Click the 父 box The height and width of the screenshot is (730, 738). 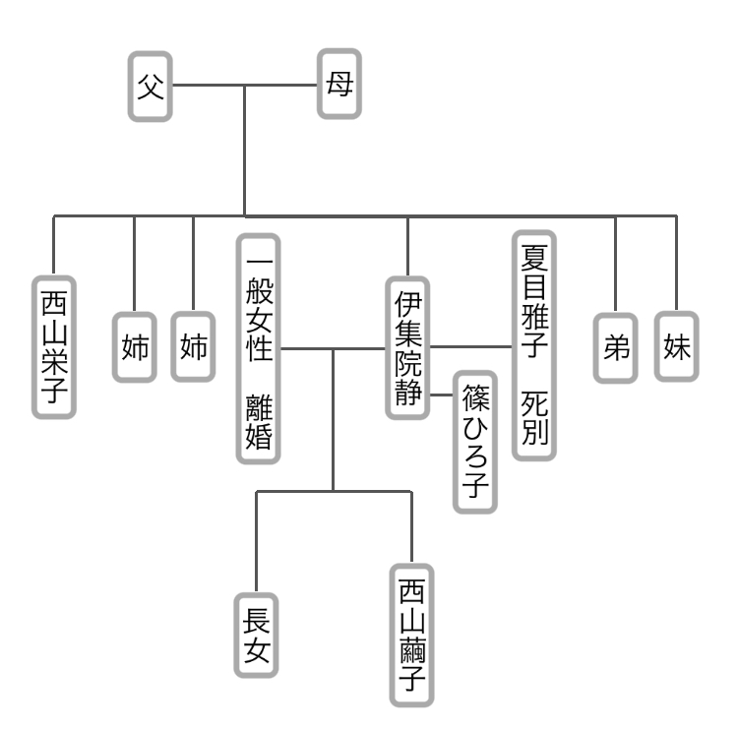tap(150, 87)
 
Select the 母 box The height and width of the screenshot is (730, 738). tap(338, 87)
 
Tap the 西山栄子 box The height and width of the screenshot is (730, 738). tap(53, 346)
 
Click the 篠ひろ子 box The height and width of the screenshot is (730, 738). tap(475, 442)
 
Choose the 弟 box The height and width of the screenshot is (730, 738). tap(616, 347)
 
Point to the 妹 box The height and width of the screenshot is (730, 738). tap(677, 347)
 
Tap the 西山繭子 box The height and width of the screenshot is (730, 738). tap(411, 635)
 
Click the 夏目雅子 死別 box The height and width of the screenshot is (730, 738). tap(534, 345)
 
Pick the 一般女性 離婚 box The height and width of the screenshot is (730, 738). tap(258, 347)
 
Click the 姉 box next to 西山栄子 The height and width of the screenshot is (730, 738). tap(134, 347)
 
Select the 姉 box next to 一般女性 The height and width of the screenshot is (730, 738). tap(193, 347)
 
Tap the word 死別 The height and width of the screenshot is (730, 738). tap(534, 417)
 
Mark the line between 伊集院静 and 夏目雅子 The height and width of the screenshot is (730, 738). tap(470, 346)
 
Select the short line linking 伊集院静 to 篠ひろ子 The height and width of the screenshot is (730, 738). tap(442, 393)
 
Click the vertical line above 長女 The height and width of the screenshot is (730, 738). tap(256, 541)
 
